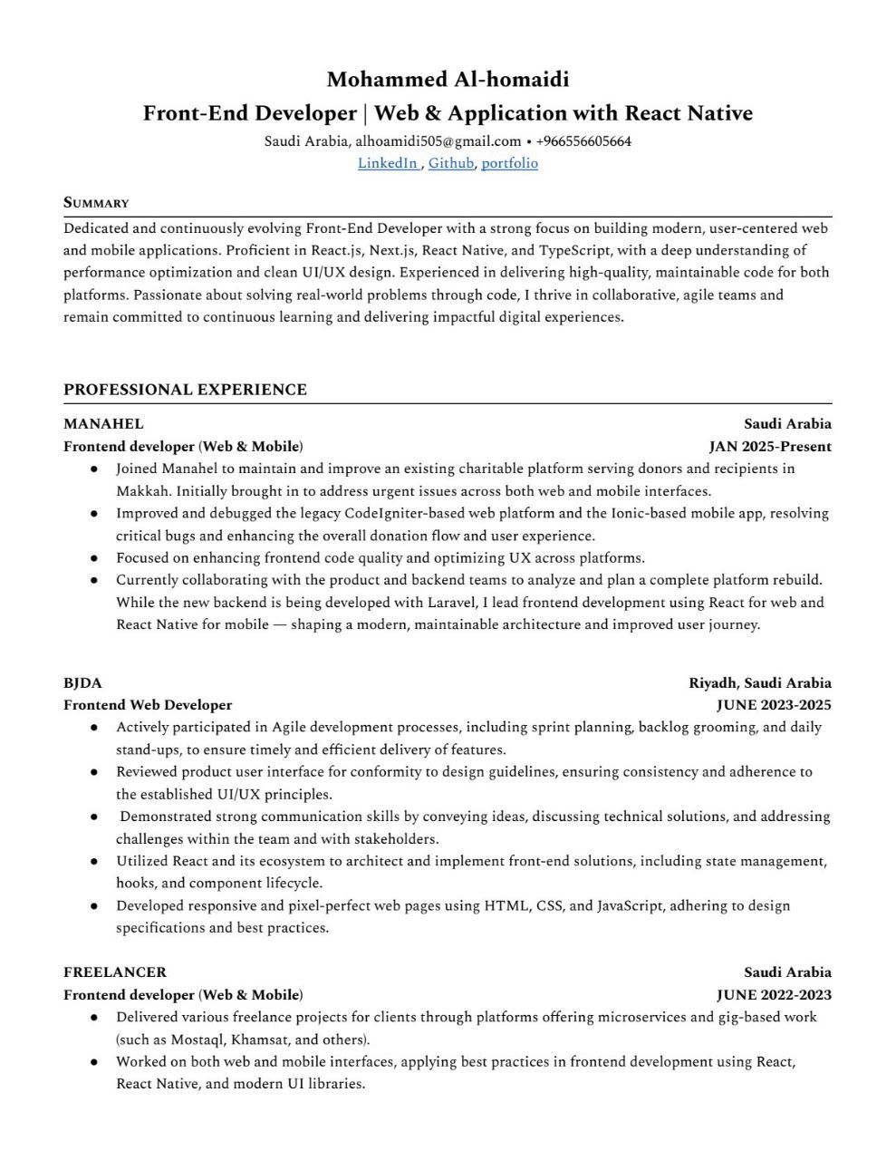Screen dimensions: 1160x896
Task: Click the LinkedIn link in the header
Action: coord(387,164)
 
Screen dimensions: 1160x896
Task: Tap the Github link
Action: coord(451,164)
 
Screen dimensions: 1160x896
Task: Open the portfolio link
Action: coord(509,164)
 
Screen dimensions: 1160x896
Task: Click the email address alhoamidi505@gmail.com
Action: coord(438,141)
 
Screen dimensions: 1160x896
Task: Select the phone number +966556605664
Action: coord(583,141)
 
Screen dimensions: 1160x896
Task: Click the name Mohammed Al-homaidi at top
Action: coord(448,80)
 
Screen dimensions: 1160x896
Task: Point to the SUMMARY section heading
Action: coord(96,203)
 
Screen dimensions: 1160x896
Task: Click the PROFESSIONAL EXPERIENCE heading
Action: coord(185,390)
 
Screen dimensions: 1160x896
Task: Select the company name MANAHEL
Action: coord(103,424)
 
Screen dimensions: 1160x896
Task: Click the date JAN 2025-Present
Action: coord(770,447)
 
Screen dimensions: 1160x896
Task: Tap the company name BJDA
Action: coord(82,683)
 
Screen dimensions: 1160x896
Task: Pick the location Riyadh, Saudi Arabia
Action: coord(759,683)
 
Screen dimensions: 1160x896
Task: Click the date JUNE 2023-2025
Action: coord(774,705)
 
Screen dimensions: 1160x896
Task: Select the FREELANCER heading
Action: coord(115,972)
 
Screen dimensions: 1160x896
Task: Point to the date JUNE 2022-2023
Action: coord(774,995)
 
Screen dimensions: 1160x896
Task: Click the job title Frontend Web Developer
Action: coord(148,705)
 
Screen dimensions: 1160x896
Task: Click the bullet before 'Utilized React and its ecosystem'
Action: coord(94,862)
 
